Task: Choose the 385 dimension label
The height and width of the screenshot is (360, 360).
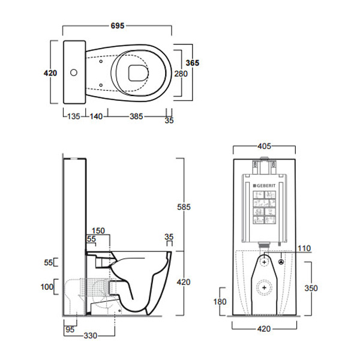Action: coord(136,116)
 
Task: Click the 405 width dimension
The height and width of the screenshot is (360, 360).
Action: coord(264,146)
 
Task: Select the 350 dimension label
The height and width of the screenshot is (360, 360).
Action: coord(311,288)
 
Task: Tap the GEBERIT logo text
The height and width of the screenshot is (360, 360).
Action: coord(266,185)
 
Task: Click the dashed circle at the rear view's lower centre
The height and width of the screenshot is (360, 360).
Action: coord(264,287)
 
